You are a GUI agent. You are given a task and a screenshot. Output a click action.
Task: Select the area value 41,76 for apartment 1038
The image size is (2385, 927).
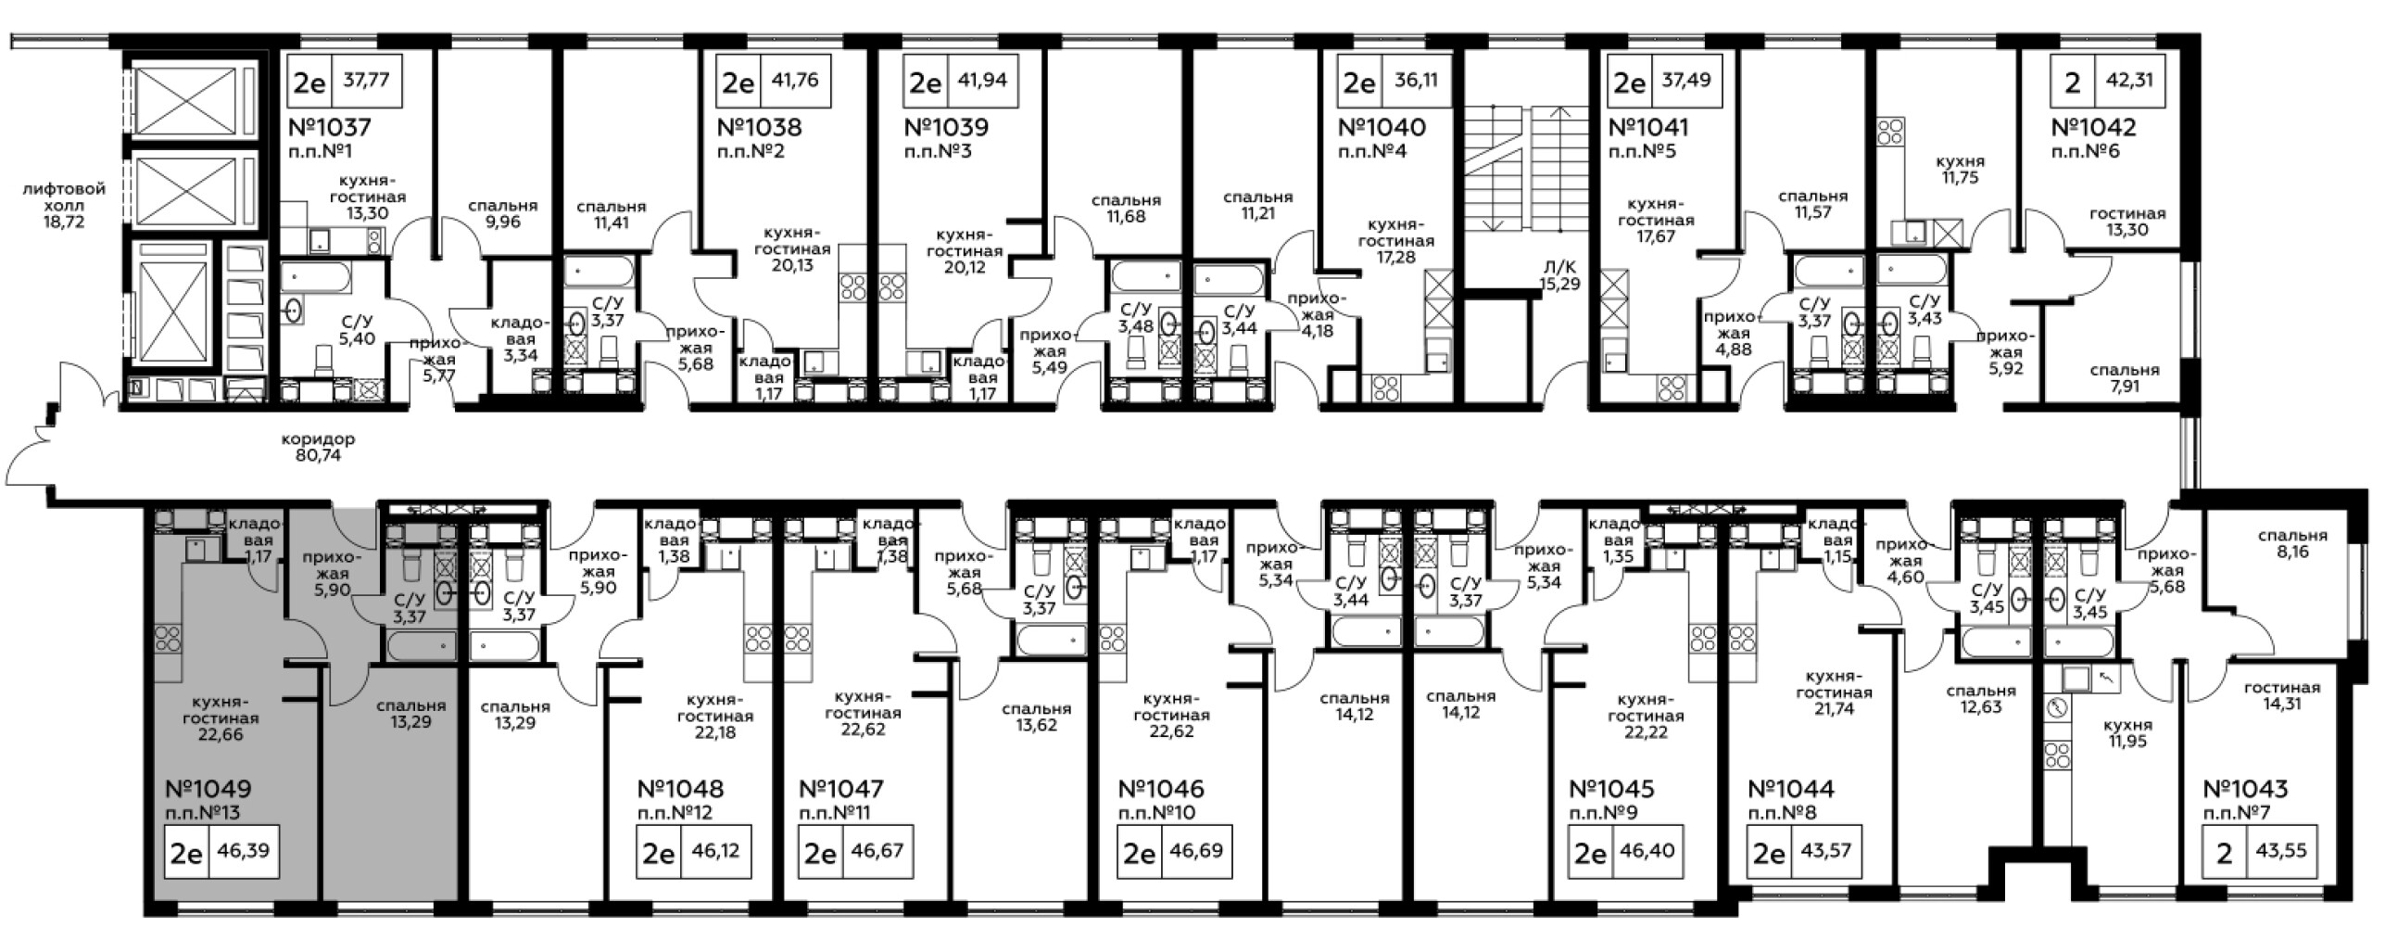tap(794, 80)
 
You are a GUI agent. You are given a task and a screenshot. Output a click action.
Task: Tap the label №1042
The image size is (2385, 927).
tap(2093, 127)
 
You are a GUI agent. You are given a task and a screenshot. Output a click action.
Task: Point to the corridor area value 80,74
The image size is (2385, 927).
tap(318, 456)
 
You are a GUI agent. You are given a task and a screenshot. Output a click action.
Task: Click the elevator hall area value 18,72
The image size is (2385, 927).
tap(64, 222)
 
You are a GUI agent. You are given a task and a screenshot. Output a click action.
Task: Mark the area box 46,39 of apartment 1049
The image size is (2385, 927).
tap(246, 849)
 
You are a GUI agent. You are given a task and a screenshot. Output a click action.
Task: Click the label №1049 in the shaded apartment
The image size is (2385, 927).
tap(208, 789)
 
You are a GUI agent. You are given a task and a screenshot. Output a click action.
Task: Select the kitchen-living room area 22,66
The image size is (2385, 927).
tap(220, 735)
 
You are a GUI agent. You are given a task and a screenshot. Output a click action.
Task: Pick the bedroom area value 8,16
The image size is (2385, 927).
tap(2289, 552)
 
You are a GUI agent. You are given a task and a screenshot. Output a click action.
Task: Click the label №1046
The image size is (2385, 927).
tap(1161, 789)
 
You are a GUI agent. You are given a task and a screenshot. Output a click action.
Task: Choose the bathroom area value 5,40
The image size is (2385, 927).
tap(358, 339)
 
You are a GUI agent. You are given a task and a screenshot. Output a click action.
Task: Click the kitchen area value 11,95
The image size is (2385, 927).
tap(2126, 742)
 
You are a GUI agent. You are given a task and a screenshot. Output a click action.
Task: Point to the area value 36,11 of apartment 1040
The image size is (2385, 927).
tap(1415, 80)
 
